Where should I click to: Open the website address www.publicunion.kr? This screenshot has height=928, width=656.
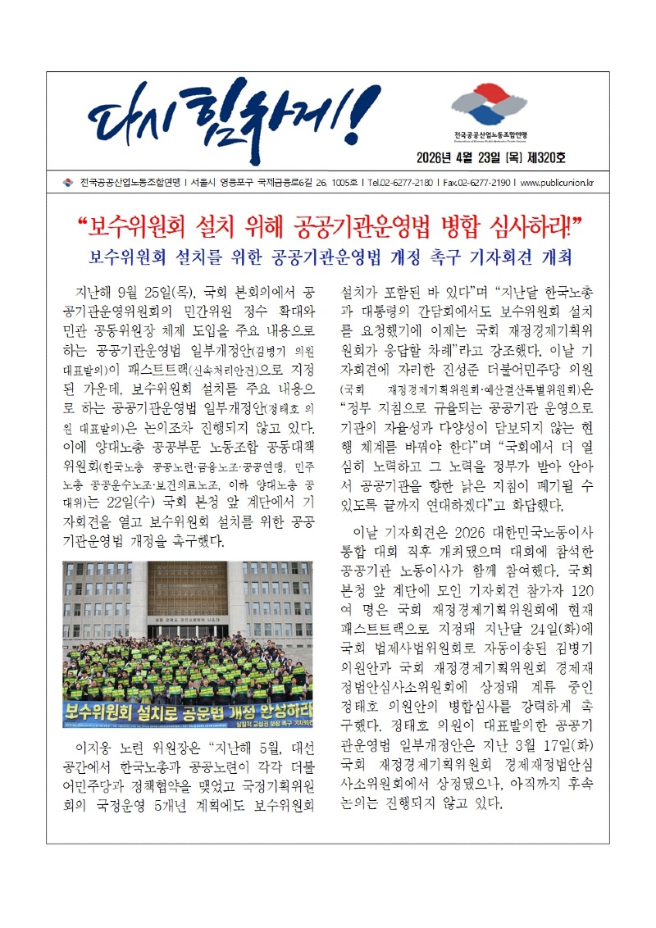click(x=558, y=183)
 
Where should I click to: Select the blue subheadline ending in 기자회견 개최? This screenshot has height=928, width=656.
click(x=328, y=256)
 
